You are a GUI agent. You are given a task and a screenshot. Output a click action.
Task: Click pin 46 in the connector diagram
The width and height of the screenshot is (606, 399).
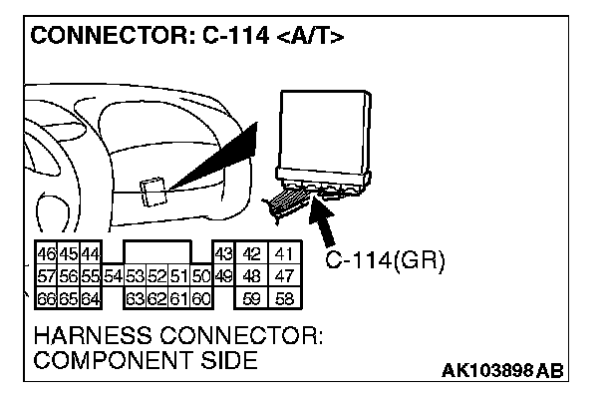point(45,254)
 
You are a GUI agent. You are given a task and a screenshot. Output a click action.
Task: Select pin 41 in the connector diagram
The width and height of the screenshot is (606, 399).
point(285,254)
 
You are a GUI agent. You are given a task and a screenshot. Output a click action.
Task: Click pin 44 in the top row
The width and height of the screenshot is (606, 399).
point(90,254)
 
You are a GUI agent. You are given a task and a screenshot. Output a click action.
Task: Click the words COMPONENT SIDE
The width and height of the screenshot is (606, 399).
point(146,360)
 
